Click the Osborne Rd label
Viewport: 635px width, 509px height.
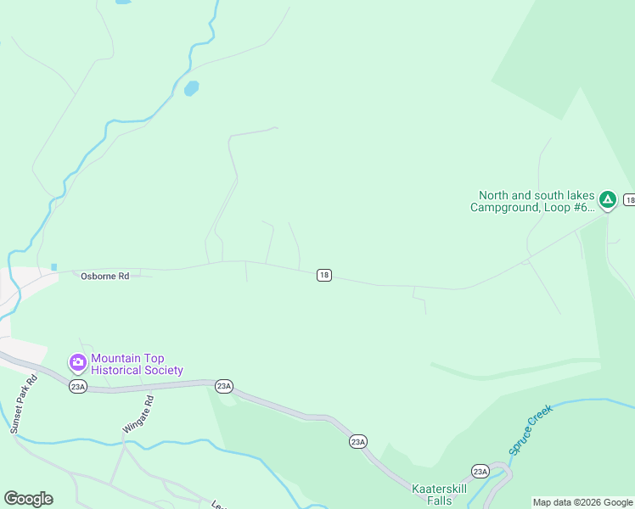pos(105,276)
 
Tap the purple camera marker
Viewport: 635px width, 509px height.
pos(78,363)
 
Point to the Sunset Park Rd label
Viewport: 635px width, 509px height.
pos(23,405)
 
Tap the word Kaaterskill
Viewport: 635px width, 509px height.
pos(440,489)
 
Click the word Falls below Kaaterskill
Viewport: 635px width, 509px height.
pos(440,501)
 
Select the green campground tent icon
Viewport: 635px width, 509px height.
pos(608,200)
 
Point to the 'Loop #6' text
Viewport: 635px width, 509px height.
pos(569,207)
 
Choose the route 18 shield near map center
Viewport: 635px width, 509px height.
pos(323,275)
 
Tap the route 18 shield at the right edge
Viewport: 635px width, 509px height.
pos(629,200)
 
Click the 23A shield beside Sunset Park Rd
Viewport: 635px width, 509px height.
pos(78,386)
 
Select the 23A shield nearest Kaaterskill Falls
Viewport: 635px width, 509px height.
pos(480,471)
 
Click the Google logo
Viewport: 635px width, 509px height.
pos(28,499)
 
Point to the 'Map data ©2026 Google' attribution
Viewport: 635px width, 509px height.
pos(582,502)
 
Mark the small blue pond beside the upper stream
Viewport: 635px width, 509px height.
pos(191,87)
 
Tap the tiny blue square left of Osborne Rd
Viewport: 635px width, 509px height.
pos(53,267)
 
